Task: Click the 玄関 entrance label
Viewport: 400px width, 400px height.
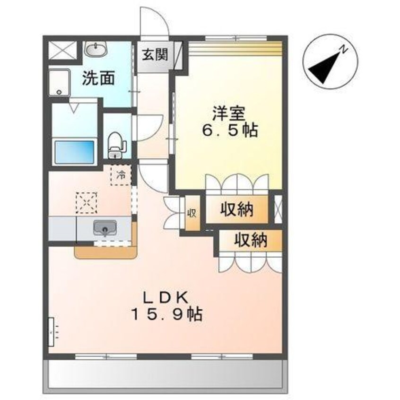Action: click(155, 54)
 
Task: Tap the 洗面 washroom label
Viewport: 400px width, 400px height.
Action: click(98, 78)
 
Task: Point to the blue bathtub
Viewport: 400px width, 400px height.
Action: click(75, 152)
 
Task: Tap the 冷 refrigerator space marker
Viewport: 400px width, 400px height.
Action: click(121, 175)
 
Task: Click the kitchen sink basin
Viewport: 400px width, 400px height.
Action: click(105, 227)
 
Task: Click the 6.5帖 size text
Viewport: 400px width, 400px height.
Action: click(230, 130)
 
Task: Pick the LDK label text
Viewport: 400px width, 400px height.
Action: click(165, 297)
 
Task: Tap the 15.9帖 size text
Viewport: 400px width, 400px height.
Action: click(166, 314)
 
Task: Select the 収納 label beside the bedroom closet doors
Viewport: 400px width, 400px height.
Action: click(237, 209)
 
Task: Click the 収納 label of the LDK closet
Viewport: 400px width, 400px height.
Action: click(251, 240)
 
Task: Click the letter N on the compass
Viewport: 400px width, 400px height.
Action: click(345, 49)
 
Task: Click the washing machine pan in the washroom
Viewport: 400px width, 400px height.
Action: click(59, 82)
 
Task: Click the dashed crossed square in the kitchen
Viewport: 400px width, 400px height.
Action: click(87, 203)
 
